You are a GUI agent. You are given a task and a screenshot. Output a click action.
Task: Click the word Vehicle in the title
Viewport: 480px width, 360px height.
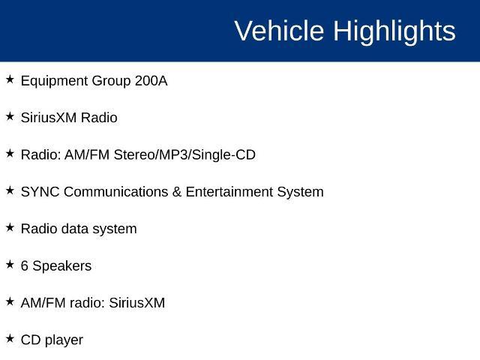tap(279, 31)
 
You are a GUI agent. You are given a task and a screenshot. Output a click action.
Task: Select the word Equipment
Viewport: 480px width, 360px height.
tap(55, 82)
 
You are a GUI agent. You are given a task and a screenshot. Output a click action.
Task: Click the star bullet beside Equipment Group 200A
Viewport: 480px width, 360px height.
tap(10, 79)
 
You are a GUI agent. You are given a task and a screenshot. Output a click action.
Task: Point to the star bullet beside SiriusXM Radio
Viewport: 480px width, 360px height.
tap(10, 116)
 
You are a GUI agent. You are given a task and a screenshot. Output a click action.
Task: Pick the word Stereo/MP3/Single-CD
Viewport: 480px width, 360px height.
tap(184, 155)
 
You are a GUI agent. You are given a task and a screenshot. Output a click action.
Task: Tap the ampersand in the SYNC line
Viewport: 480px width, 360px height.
tap(177, 192)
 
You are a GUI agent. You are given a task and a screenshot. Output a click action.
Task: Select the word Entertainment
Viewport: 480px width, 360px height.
tap(229, 192)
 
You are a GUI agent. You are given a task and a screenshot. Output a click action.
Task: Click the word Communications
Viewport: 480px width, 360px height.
tap(115, 192)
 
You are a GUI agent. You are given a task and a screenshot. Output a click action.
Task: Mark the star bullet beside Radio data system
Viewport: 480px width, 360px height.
tap(10, 227)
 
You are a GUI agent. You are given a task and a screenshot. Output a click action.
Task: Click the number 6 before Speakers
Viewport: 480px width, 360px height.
tap(25, 266)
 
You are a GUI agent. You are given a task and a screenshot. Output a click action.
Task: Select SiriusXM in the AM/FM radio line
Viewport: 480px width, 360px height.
tap(136, 303)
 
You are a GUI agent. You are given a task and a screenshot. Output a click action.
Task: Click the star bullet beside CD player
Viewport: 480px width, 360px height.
tap(10, 338)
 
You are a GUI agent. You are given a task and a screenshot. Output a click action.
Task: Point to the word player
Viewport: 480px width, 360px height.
tap(64, 340)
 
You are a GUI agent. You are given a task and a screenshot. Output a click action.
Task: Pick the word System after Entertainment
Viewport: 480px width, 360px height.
tap(300, 193)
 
